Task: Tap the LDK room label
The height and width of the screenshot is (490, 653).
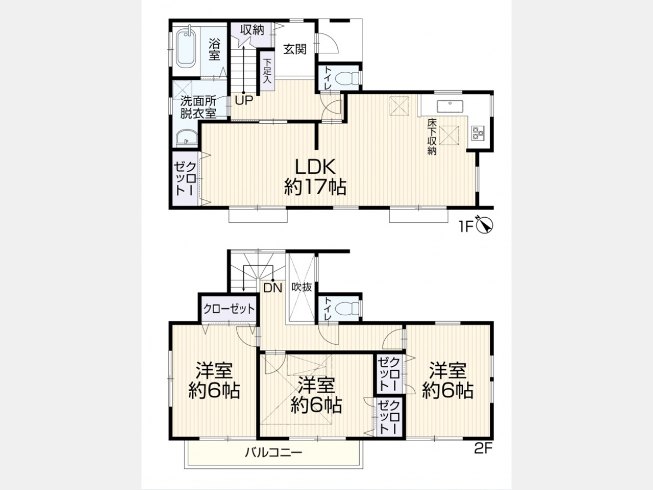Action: click(x=315, y=167)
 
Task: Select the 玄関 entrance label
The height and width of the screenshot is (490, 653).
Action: click(x=295, y=49)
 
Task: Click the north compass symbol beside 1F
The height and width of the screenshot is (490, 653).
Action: click(x=485, y=226)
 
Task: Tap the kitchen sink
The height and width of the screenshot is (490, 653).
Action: click(x=450, y=107)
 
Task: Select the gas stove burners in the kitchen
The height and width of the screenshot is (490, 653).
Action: click(x=478, y=133)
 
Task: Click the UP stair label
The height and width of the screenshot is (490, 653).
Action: click(x=244, y=100)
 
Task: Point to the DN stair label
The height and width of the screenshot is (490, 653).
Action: click(x=273, y=287)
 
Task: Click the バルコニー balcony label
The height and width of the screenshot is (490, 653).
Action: click(x=273, y=453)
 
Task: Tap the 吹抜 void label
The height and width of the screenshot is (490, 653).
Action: click(x=301, y=287)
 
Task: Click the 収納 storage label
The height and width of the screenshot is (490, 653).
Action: click(x=252, y=30)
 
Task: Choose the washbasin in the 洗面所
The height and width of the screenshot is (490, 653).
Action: click(x=186, y=138)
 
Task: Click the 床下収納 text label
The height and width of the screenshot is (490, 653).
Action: click(x=432, y=137)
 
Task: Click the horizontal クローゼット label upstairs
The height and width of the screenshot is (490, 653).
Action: click(x=229, y=309)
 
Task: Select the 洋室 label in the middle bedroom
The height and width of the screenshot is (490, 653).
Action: click(x=316, y=385)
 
